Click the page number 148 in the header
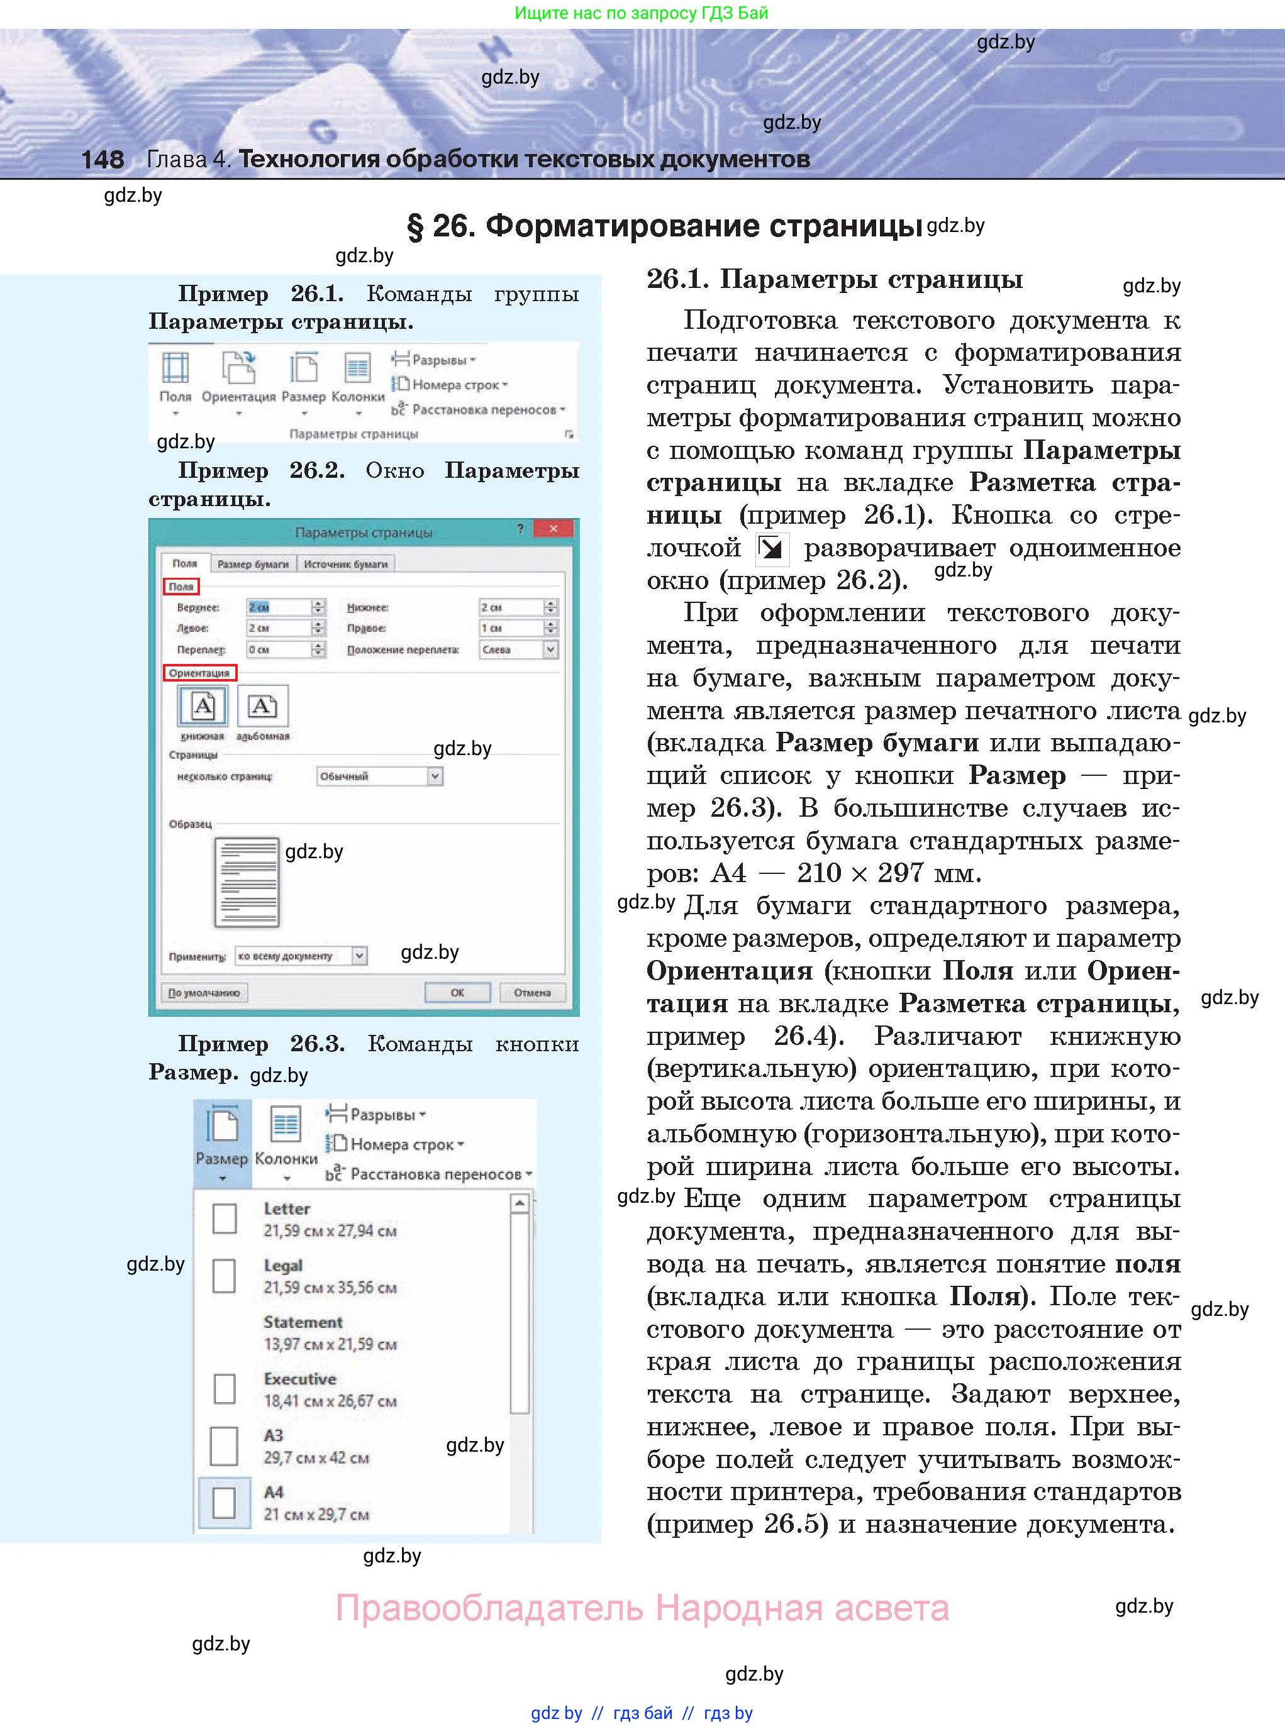pos(102,159)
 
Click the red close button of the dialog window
pos(553,529)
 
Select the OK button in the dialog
pos(457,992)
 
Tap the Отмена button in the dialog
pos(532,992)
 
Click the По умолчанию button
pos(204,993)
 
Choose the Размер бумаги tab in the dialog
pos(253,563)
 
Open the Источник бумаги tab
pos(345,563)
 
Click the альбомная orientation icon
pos(262,706)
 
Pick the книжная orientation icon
pos(203,706)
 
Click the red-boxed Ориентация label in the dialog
pos(199,673)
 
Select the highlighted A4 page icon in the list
pos(224,1503)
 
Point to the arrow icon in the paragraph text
pos(772,549)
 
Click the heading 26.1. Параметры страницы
pos(834,279)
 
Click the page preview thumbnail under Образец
pos(247,881)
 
